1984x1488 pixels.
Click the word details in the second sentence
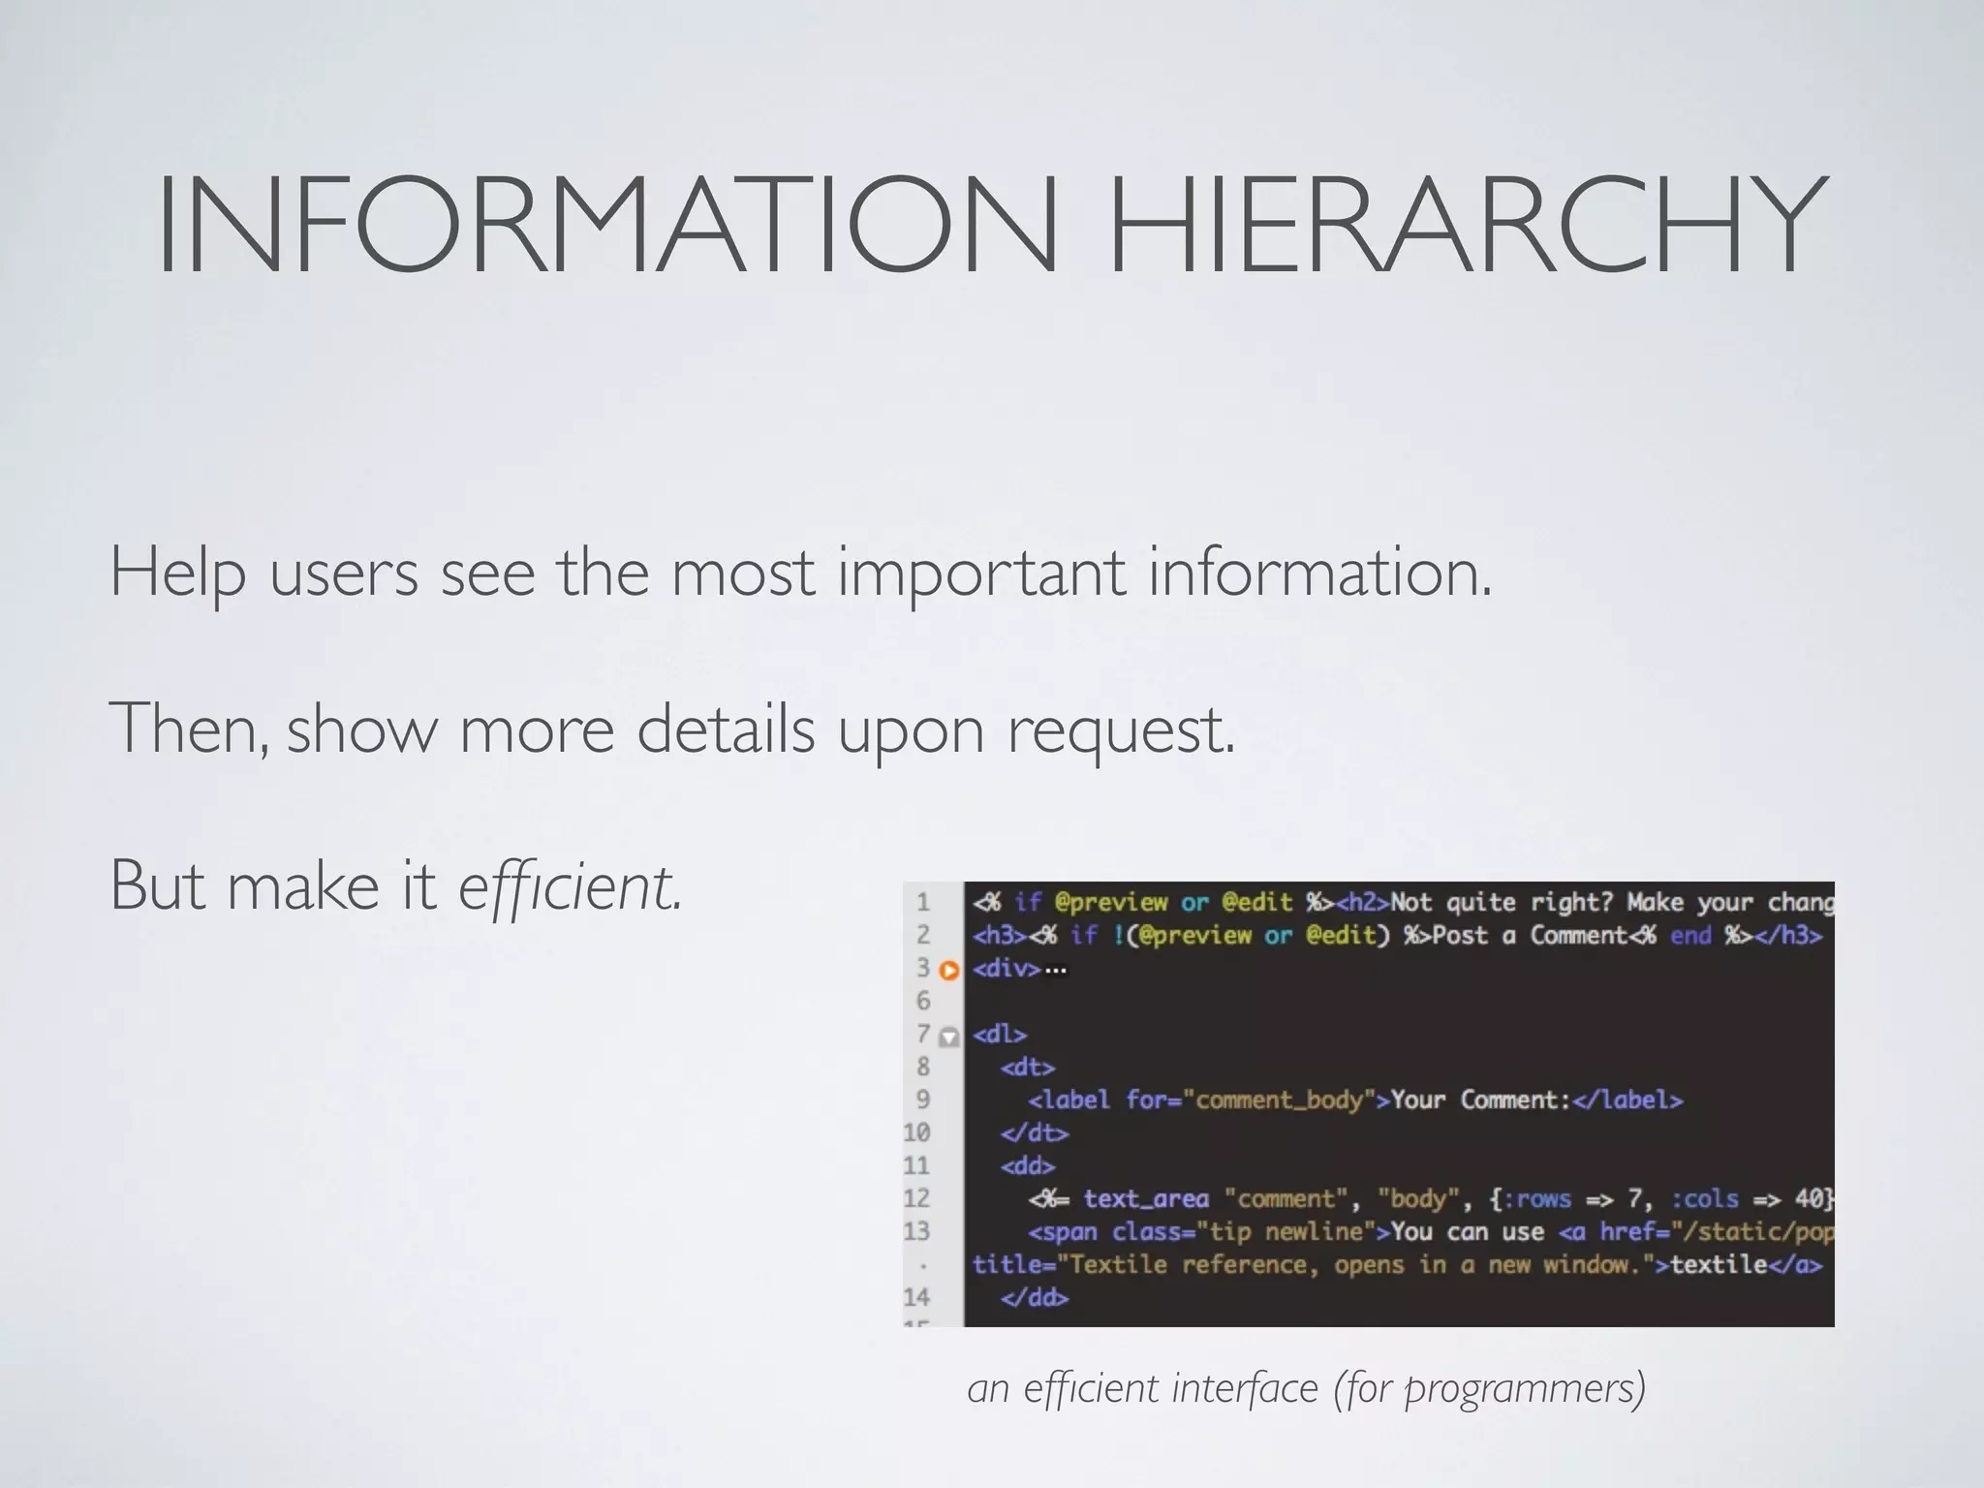pos(726,728)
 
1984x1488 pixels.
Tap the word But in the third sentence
pos(157,884)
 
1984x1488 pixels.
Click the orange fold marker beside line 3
pos(949,970)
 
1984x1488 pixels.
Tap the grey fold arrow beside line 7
pos(949,1037)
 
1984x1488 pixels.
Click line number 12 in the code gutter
pos(916,1199)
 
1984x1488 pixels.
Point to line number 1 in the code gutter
pos(923,903)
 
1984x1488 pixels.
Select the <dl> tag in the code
pos(1000,1035)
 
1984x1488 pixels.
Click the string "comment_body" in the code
pos(1280,1100)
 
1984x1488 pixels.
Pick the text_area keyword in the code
pos(1146,1199)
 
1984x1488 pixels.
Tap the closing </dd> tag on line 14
pos(1035,1298)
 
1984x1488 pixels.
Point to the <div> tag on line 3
pos(1007,969)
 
